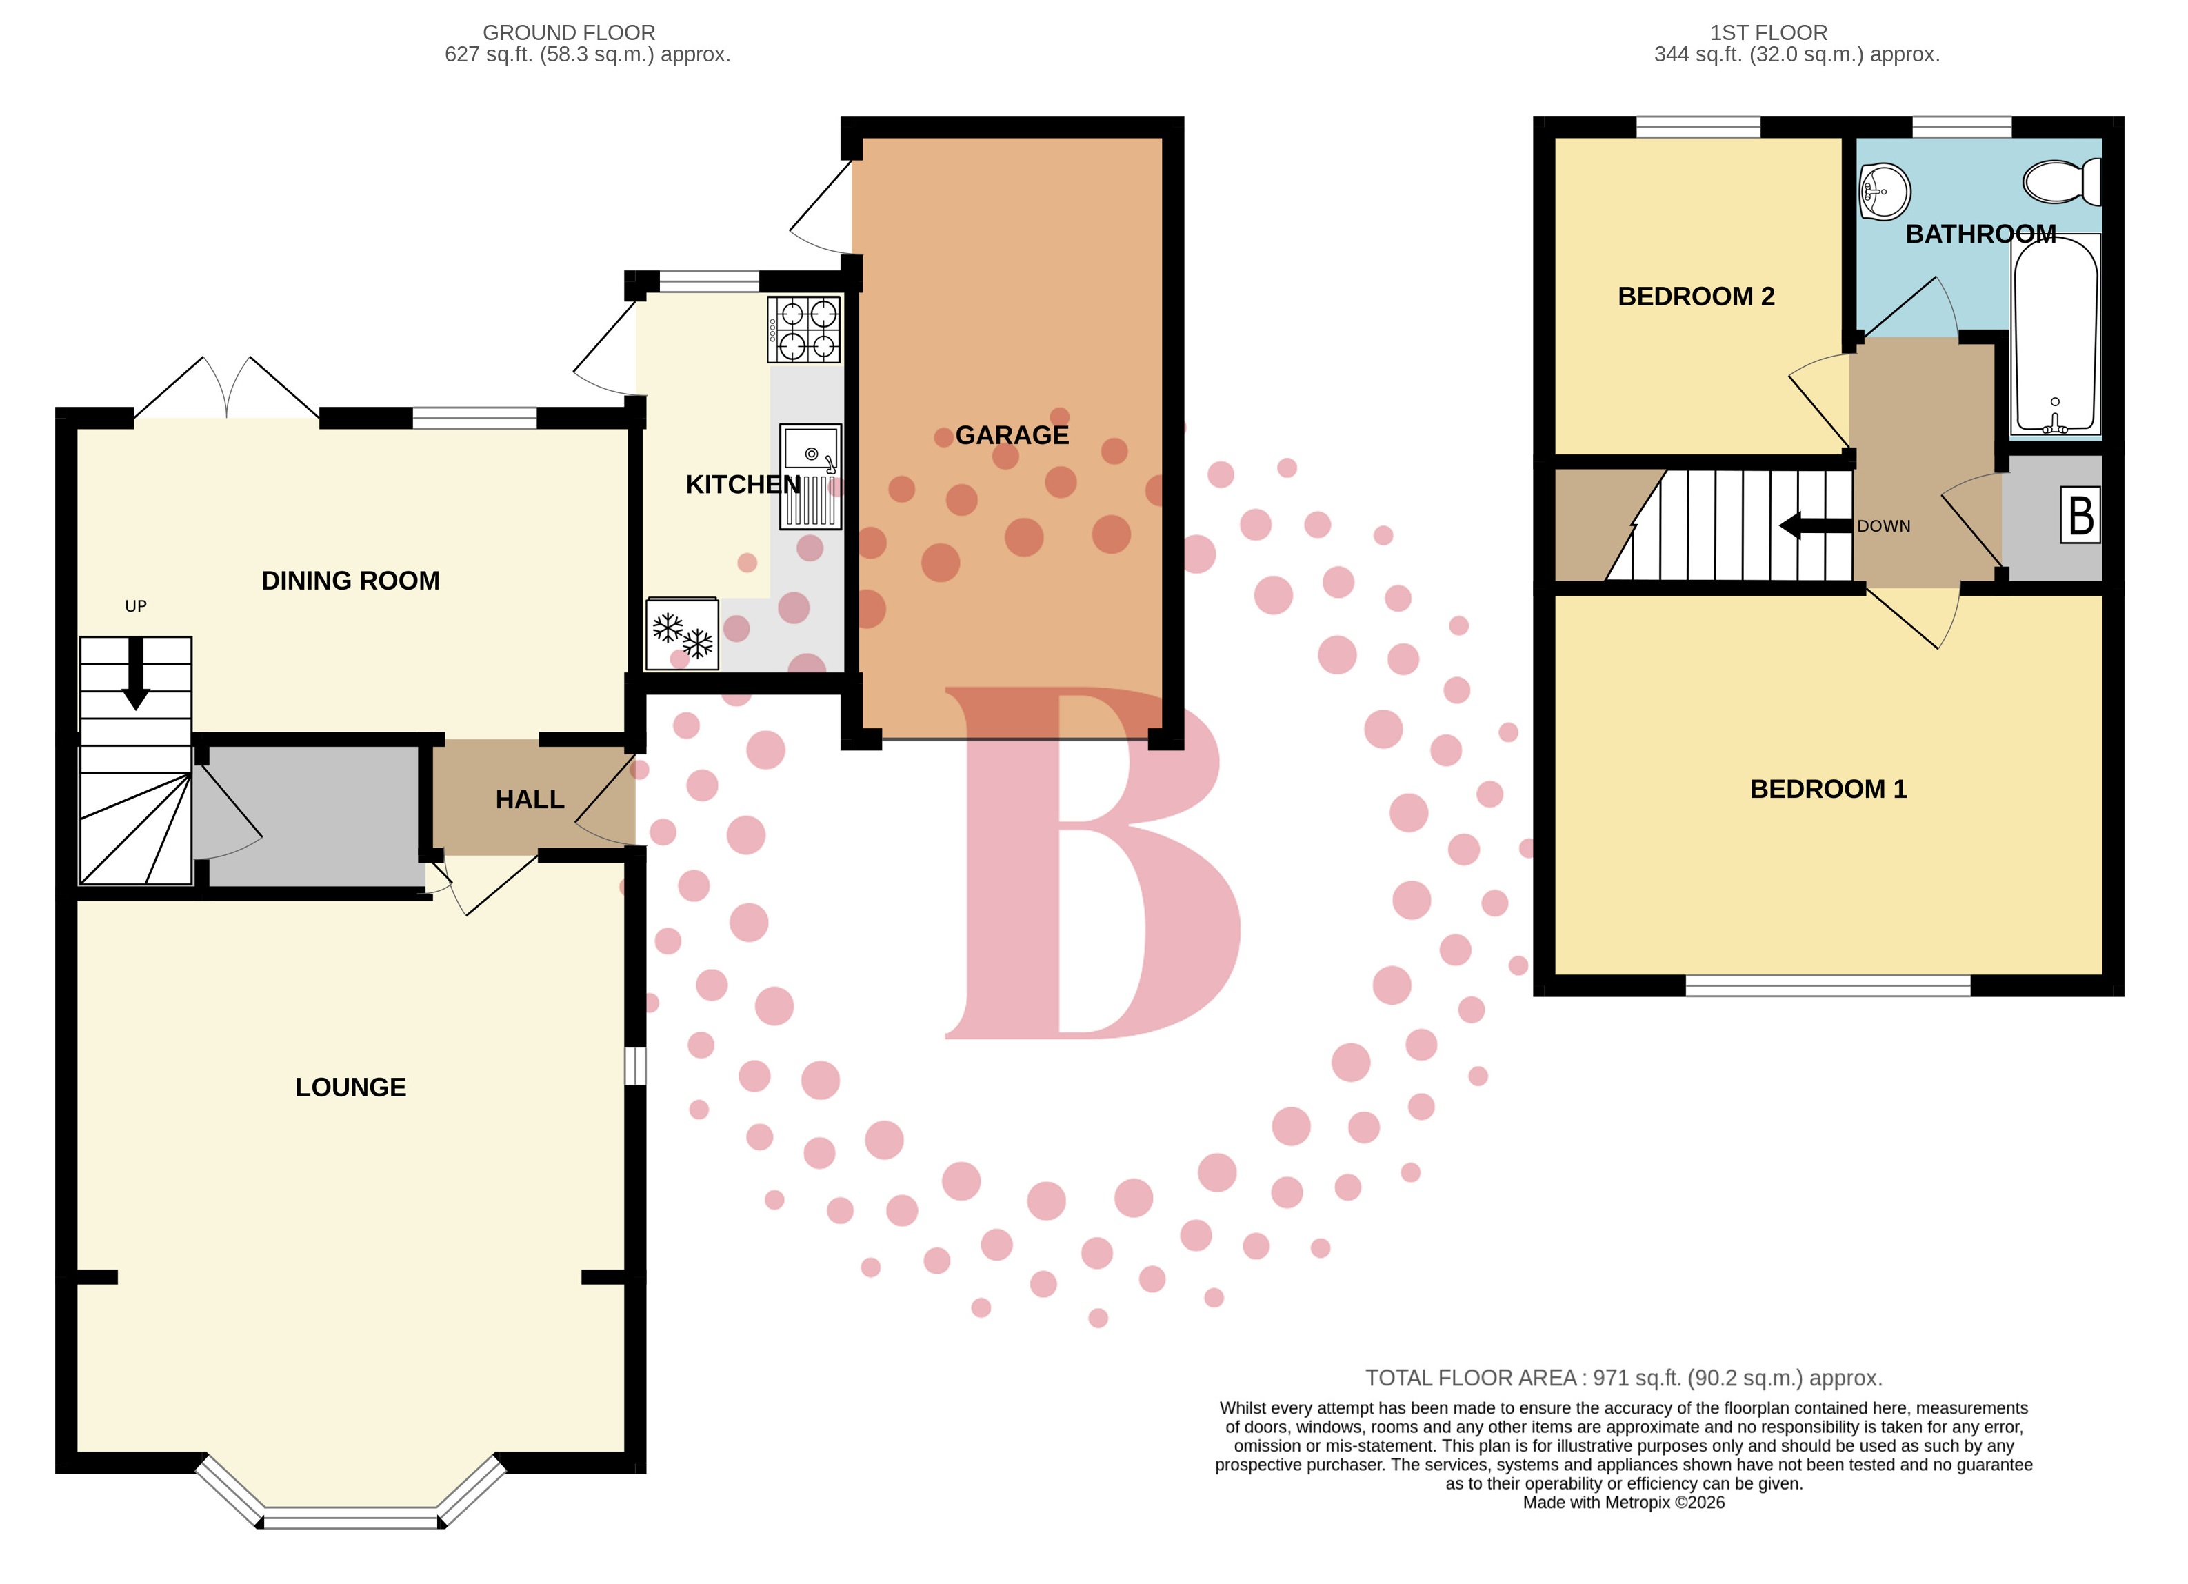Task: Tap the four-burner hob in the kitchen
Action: [x=803, y=330]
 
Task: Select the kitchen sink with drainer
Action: [x=810, y=477]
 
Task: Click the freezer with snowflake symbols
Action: [x=682, y=633]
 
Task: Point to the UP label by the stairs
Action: [x=136, y=606]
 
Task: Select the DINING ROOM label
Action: [x=350, y=581]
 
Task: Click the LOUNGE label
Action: [x=350, y=1087]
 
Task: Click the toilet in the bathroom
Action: [x=2062, y=181]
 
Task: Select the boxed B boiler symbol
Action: [x=2081, y=515]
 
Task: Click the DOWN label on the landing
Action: [x=1883, y=525]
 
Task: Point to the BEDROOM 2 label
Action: [x=1696, y=296]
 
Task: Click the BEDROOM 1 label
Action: [x=1828, y=789]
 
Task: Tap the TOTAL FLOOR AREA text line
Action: [x=1624, y=1378]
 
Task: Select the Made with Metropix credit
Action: [x=1624, y=1502]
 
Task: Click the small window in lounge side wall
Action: [x=635, y=1066]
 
